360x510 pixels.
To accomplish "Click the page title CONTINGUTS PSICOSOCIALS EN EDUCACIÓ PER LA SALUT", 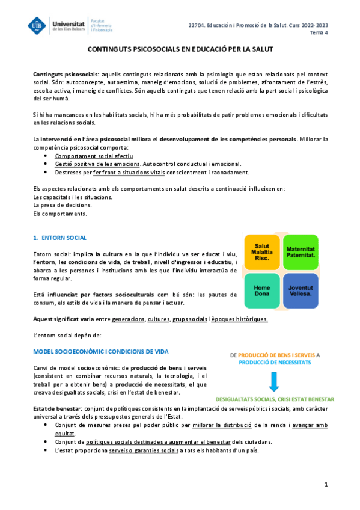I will pyautogui.click(x=180, y=52).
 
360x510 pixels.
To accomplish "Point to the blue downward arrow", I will pyautogui.click(x=274, y=381).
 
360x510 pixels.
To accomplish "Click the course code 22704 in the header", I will pyautogui.click(x=196, y=25).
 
